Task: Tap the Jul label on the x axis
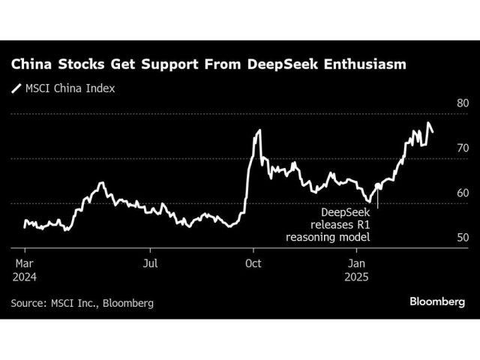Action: pos(150,262)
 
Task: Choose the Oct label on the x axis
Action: pos(253,262)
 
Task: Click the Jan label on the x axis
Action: pos(356,262)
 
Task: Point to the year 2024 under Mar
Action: pos(23,276)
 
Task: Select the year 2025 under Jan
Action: pos(358,276)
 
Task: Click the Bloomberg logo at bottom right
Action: pos(437,301)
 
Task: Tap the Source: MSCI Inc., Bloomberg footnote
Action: pos(82,303)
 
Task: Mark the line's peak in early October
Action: pos(259,130)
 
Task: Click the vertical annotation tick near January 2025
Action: pos(378,201)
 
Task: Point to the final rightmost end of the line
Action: pos(432,132)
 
